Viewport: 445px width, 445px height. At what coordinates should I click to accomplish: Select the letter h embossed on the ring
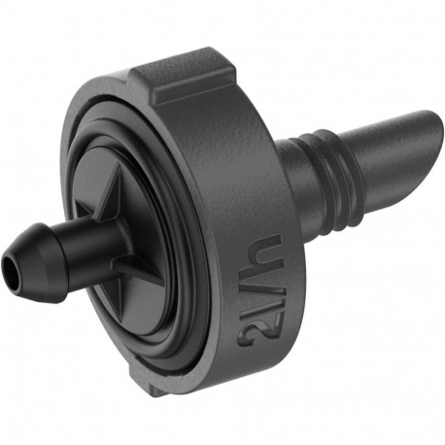point(271,258)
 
